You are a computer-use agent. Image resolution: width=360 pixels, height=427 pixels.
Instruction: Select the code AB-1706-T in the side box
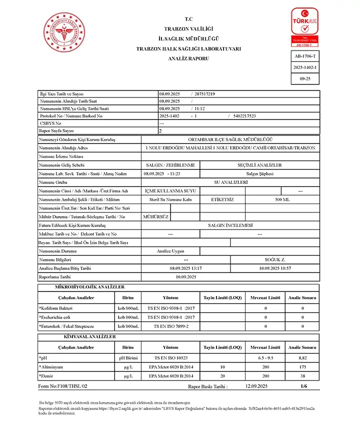[x=305, y=56]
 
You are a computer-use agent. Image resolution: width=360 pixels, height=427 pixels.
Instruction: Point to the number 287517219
[x=205, y=94]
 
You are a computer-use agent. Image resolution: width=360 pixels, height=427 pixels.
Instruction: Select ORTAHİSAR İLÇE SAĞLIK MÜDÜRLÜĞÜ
[x=230, y=139]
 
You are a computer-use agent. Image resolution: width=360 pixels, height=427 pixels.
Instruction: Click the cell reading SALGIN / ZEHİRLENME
[x=170, y=165]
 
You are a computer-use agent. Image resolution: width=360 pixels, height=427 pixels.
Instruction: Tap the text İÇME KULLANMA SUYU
[x=170, y=190]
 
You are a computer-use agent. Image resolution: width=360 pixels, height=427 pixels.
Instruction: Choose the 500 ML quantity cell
[x=282, y=199]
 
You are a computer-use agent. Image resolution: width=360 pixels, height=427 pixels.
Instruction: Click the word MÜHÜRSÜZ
[x=156, y=216]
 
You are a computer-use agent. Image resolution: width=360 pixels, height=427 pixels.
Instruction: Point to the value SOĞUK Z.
[x=275, y=260]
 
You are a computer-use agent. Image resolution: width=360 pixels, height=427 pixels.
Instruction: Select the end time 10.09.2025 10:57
[x=275, y=268]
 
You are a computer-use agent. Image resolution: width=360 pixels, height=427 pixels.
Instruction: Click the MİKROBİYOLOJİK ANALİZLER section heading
[x=89, y=287]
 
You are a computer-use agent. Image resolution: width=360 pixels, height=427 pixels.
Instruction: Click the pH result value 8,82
[x=302, y=358]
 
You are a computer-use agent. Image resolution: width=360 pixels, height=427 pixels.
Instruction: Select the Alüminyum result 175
[x=302, y=367]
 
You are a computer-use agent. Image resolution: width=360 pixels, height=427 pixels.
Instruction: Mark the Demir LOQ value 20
[x=222, y=375]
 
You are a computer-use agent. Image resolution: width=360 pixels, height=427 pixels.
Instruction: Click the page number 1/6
[x=304, y=386]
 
